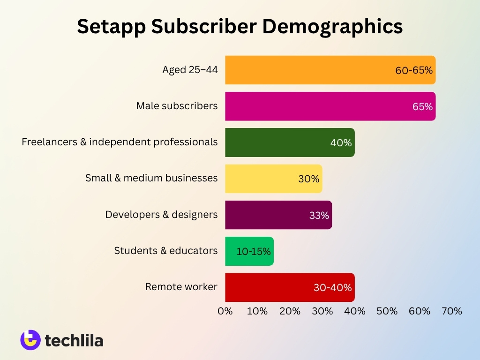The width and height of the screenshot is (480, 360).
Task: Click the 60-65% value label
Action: click(x=414, y=70)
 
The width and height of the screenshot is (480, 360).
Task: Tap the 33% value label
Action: click(x=319, y=216)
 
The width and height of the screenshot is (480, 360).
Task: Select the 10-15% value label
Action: click(x=254, y=252)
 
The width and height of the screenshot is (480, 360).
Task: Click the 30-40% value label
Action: click(x=333, y=288)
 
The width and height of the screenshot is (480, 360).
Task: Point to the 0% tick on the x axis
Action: click(x=225, y=311)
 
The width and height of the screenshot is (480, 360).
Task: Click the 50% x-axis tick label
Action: click(x=387, y=311)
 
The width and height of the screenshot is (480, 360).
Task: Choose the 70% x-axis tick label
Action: click(x=452, y=311)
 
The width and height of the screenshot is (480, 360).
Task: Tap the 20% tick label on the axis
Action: click(x=290, y=311)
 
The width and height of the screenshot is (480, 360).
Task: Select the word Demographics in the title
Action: click(x=332, y=27)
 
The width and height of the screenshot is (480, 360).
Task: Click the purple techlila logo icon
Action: click(x=30, y=340)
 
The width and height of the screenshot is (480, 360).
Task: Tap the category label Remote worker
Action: click(x=181, y=286)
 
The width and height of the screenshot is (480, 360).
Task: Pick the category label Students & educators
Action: click(x=166, y=250)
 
